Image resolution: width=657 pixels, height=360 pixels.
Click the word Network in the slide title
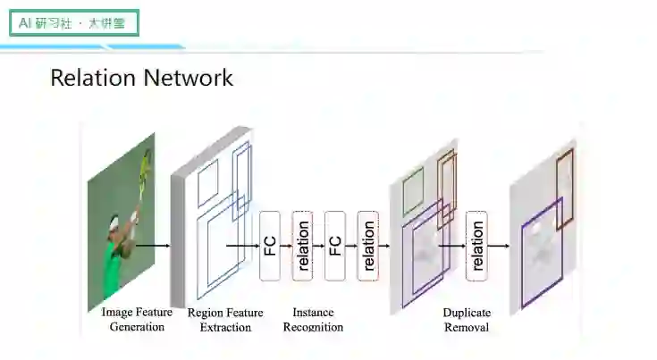point(187,78)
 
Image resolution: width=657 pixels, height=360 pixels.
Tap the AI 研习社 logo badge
point(74,22)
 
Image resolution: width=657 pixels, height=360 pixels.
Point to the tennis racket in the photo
point(144,163)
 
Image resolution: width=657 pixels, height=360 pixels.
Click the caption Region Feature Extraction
point(225,320)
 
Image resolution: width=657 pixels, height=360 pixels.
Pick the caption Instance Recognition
point(313,320)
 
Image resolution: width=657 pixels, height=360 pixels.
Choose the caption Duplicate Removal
point(466,320)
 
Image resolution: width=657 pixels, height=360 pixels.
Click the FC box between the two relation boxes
point(335,246)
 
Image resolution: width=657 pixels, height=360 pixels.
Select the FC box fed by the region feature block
point(270,246)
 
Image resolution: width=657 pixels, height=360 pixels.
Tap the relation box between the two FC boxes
point(303,246)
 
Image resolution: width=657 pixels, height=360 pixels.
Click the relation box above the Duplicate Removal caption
point(476,246)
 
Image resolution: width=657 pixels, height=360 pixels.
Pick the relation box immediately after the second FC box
point(367,246)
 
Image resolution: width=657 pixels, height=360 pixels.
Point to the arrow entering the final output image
point(499,246)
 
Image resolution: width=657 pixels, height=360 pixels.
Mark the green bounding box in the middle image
point(412,193)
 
